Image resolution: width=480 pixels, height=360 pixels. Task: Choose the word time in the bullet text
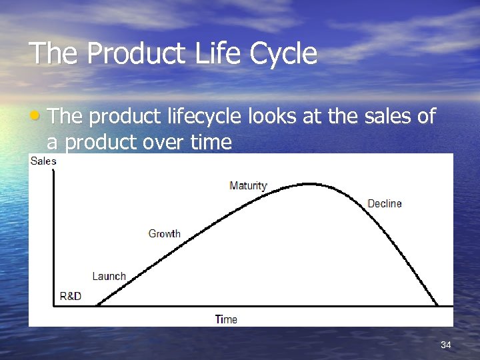[209, 142]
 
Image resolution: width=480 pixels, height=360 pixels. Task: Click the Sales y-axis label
[43, 161]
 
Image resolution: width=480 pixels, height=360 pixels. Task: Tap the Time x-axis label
[226, 319]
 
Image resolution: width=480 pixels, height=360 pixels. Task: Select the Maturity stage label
[248, 186]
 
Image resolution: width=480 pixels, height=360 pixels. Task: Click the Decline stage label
[385, 203]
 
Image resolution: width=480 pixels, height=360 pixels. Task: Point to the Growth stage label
[164, 234]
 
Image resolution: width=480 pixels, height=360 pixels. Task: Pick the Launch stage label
[109, 276]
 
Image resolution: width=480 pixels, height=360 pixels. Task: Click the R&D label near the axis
[70, 296]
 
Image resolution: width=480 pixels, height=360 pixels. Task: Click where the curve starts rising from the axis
[98, 305]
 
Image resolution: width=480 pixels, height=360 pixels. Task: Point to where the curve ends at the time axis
[439, 305]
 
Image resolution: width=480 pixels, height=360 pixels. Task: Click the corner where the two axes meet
[53, 305]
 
